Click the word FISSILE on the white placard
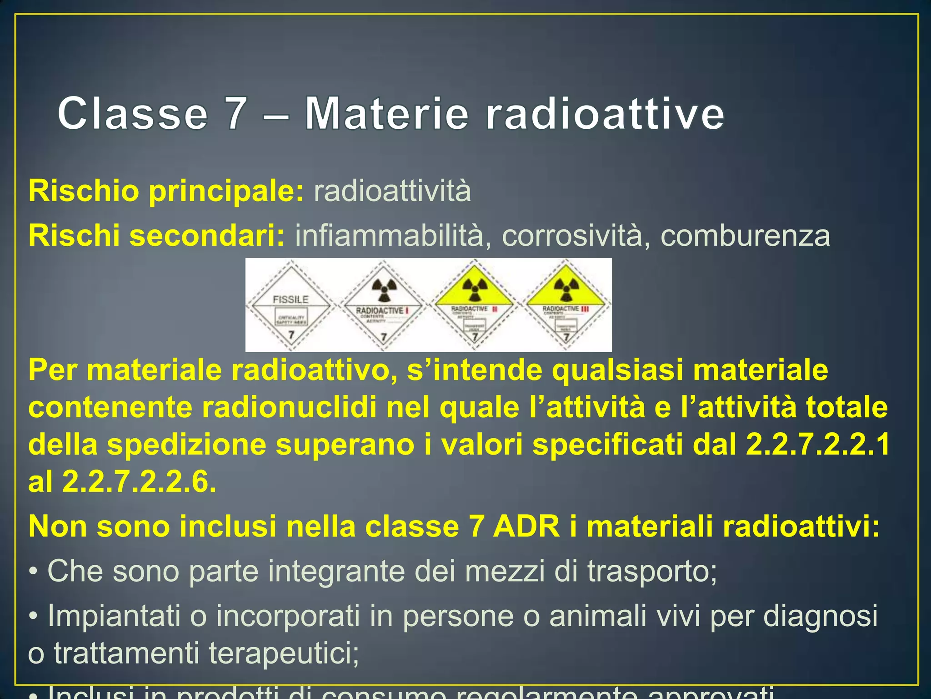click(x=290, y=299)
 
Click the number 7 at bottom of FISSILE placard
click(x=291, y=335)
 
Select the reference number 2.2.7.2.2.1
click(x=818, y=444)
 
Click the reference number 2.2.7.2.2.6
click(x=139, y=481)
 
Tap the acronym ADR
click(x=526, y=527)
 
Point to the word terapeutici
click(x=284, y=653)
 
